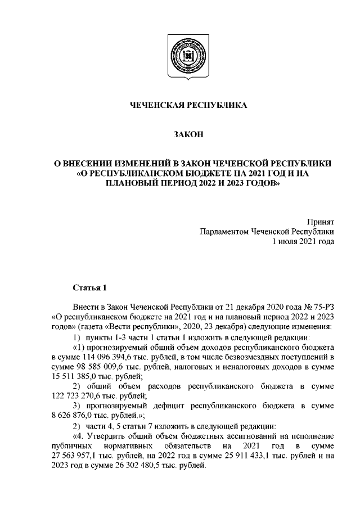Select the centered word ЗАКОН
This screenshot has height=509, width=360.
coord(181,134)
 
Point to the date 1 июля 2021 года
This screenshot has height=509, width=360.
coord(303,241)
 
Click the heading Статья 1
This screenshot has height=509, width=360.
coord(89,288)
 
